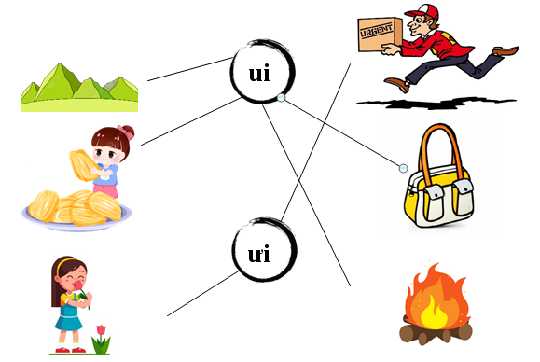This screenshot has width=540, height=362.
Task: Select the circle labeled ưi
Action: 265,251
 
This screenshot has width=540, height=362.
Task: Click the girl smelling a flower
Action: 71,299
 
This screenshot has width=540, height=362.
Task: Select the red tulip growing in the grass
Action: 101,332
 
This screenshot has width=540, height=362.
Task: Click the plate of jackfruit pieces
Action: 75,208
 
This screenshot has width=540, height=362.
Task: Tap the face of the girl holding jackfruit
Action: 105,147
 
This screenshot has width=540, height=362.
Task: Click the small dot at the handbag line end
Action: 403,168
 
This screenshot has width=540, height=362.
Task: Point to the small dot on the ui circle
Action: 281,96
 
